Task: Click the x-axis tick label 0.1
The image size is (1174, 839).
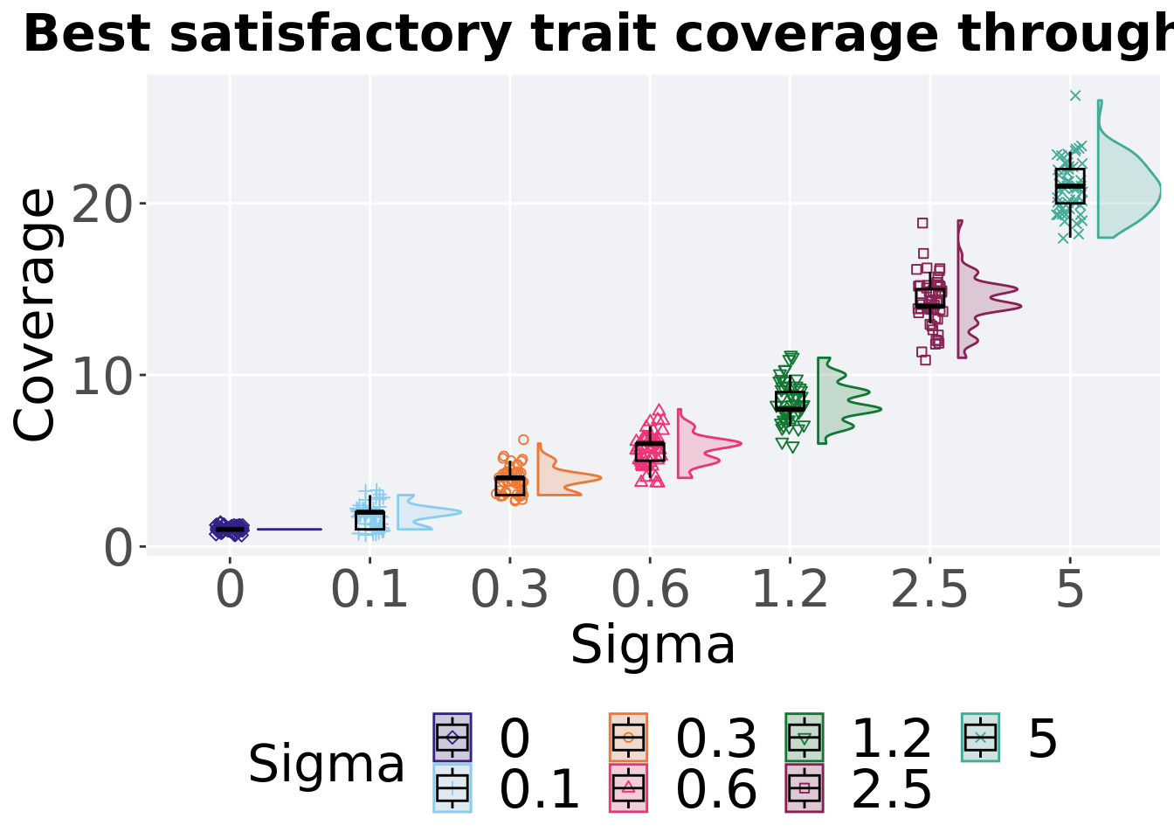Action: [x=369, y=590]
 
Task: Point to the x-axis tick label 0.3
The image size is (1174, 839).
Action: [x=509, y=590]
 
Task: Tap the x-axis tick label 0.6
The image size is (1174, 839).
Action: [x=650, y=590]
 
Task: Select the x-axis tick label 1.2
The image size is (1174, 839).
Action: [x=790, y=590]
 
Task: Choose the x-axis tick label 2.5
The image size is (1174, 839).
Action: [x=929, y=590]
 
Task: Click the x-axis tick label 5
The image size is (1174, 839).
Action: [x=1070, y=590]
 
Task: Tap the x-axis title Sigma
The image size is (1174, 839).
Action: [x=653, y=647]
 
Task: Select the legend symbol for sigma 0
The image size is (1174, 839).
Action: [x=452, y=738]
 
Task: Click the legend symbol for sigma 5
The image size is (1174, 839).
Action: [x=980, y=738]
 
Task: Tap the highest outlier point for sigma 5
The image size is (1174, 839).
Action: [x=1075, y=95]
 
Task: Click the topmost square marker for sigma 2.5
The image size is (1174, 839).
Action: [x=922, y=223]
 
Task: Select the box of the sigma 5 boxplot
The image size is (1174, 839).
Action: [x=1070, y=185]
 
